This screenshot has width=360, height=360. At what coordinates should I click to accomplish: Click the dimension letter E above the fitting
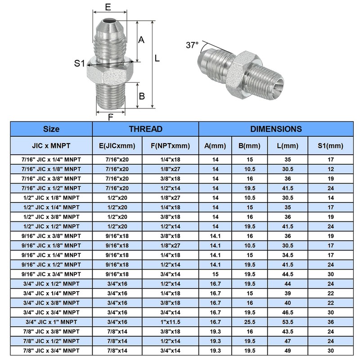108,8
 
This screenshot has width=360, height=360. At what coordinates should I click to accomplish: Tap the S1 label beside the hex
79,63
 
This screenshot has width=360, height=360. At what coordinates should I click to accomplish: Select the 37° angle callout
192,45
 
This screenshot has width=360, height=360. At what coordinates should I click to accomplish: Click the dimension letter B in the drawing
141,96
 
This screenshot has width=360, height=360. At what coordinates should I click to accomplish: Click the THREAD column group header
145,129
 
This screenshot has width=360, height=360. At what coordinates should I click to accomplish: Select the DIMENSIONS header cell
276,129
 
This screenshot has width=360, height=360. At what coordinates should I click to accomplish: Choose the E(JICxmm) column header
117,146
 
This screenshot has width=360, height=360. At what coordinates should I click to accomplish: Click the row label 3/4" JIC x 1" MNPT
51,321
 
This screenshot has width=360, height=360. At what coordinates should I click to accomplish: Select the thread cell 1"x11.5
170,321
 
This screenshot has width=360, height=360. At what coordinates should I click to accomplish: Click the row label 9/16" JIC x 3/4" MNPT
51,274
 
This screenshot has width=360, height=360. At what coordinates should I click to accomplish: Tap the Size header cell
51,129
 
